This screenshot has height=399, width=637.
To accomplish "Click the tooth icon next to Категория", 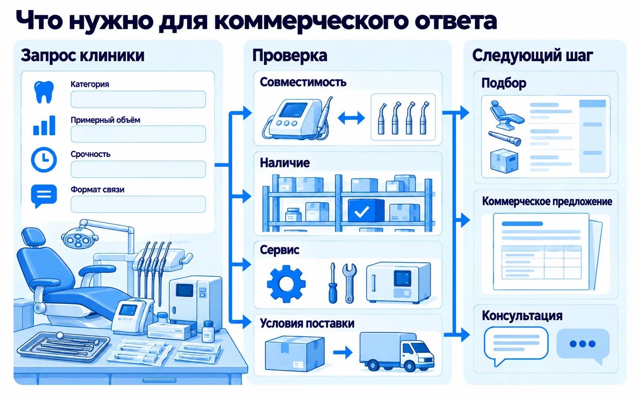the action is click(44, 92).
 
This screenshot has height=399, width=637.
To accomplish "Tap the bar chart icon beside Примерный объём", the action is click(44, 125).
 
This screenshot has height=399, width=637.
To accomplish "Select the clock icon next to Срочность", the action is click(44, 160).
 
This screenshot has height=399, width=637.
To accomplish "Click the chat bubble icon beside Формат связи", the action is click(44, 196).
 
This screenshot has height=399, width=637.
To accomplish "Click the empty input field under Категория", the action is click(138, 99).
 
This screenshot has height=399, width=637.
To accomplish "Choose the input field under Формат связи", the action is click(138, 204).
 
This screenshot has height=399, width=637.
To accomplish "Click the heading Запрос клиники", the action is click(82, 56).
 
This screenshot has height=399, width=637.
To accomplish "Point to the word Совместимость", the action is click(303, 82).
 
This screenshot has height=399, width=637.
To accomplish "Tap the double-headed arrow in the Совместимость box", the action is click(351, 118).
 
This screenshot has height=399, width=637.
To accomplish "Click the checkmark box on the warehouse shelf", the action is click(366, 210).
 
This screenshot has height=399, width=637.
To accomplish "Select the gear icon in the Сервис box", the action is click(286, 284).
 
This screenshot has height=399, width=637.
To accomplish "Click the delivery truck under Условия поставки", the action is click(397, 352).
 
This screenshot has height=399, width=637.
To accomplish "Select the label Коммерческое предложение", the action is click(547, 202).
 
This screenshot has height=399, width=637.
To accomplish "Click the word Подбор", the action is click(504, 83).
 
